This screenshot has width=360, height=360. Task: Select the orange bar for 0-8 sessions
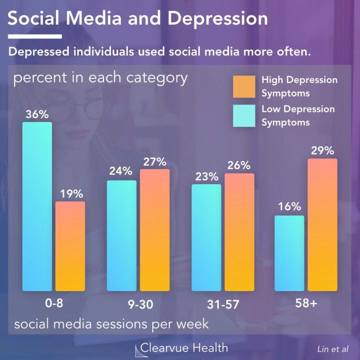70,246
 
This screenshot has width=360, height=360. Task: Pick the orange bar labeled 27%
155,230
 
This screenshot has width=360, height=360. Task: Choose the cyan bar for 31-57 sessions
207,237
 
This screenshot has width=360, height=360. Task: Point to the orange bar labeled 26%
240,232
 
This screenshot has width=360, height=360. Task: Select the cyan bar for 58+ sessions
289,253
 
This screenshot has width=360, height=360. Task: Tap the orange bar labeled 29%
322,225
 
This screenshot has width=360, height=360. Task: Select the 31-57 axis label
223,305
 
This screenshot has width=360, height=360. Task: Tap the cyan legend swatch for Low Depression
244,115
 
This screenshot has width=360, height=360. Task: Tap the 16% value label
289,207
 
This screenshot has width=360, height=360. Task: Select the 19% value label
71,194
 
